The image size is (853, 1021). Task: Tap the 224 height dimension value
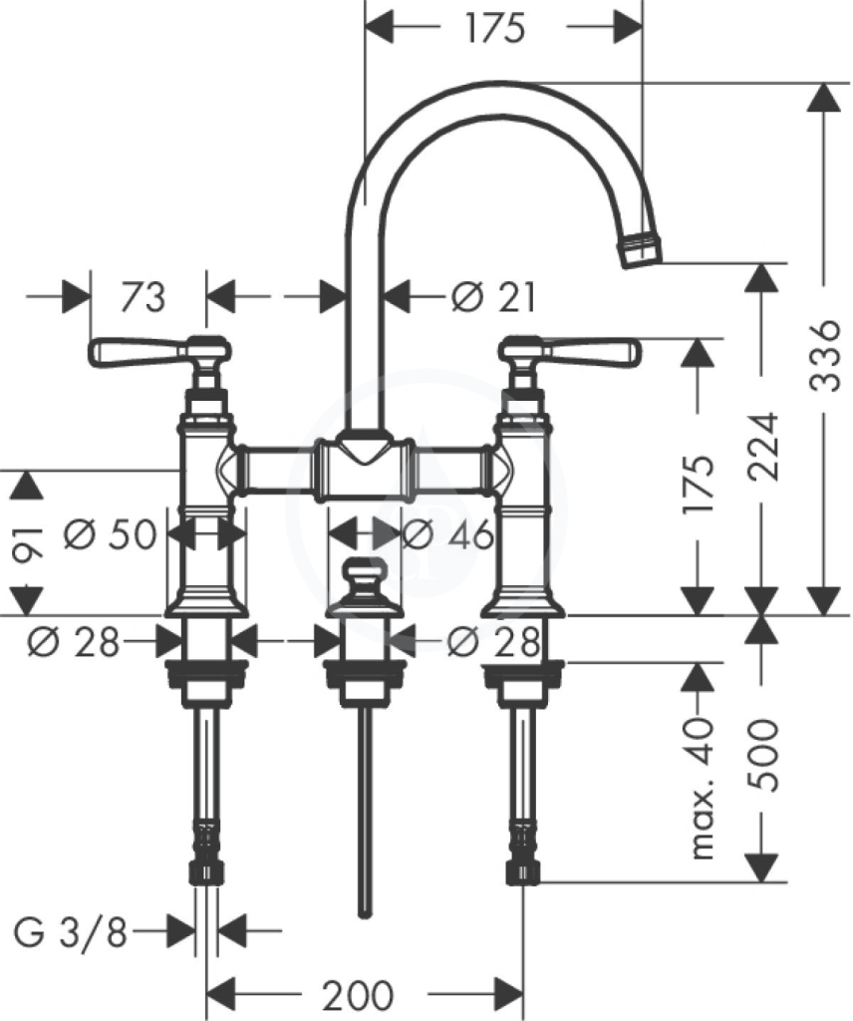762,446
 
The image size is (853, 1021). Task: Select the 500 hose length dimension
762,755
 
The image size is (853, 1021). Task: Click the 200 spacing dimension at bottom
359,995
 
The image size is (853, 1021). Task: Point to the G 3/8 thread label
71,931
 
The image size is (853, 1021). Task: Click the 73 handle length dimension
143,297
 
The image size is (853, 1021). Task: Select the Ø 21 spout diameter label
494,297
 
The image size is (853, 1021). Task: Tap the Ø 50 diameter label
111,534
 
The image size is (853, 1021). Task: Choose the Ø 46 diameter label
448,535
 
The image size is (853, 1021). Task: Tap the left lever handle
158,351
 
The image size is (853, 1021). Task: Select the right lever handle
570,351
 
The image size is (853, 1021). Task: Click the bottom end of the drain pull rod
366,914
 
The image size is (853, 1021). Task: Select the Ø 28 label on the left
74,641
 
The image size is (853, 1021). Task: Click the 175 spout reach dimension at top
495,28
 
